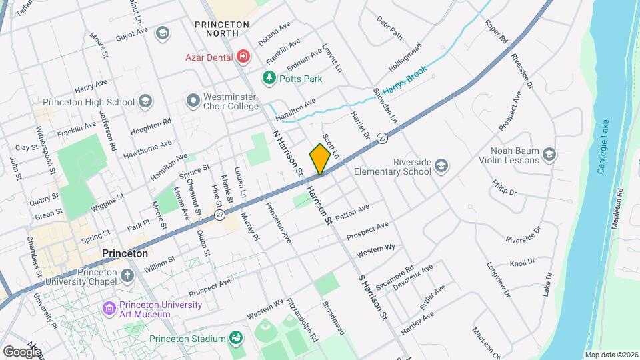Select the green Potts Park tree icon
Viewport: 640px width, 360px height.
269,78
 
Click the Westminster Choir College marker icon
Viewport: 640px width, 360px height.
193,101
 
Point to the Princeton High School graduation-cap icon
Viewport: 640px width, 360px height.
145,101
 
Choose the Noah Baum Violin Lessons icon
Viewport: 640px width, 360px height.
549,155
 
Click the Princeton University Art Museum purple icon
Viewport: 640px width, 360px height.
109,309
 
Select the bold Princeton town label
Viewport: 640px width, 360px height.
125,254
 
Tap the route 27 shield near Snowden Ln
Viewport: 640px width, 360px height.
381,138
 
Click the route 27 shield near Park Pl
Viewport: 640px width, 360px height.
219,215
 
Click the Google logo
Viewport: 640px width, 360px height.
22,351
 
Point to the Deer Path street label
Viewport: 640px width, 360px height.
390,27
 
